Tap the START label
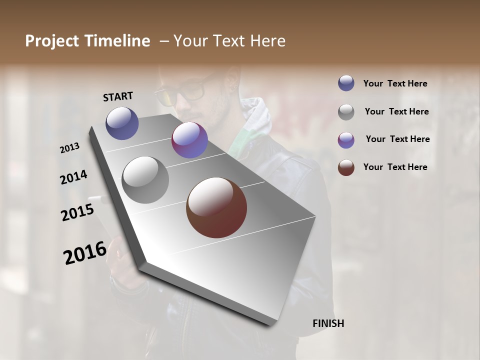pos(118,96)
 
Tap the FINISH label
pos(328,323)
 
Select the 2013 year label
pos(69,148)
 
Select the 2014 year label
pos(73,177)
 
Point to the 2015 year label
pos(77,212)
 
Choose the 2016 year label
pos(84,253)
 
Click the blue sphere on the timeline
pos(122,123)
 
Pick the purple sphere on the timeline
pos(189,140)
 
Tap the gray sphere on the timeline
pos(145,180)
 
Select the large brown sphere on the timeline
pos(216,207)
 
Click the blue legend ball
pos(346,83)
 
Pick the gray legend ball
pos(346,111)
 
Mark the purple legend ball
pos(346,139)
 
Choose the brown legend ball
pos(346,167)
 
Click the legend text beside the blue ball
pos(395,83)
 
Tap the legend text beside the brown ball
pos(395,167)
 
